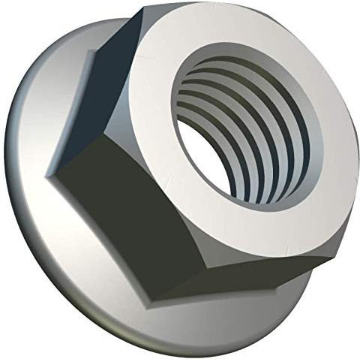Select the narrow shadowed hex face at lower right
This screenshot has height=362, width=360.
click(315, 255)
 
